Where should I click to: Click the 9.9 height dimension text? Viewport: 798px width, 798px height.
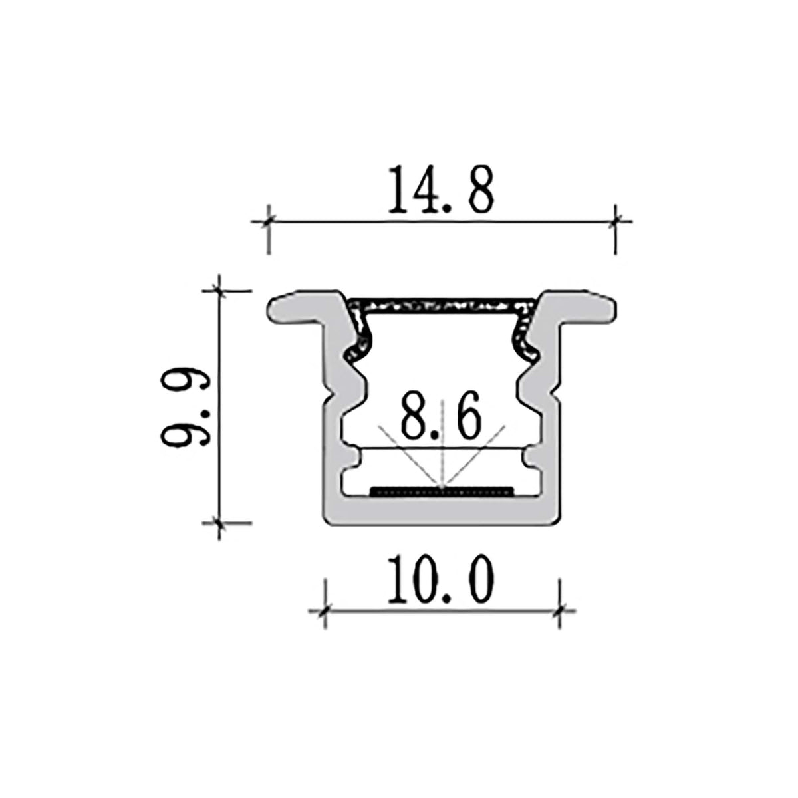[184, 406]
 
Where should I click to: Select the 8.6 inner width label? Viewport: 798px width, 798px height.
[441, 417]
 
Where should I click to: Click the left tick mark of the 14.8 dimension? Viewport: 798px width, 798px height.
[268, 221]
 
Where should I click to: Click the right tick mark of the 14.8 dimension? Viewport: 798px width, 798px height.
[616, 221]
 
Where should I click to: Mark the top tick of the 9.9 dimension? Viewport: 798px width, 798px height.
[219, 291]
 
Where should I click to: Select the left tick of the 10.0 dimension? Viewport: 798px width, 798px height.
[324, 608]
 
